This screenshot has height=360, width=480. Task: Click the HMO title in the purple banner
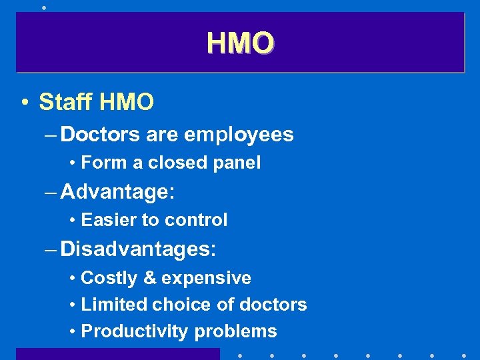click(240, 43)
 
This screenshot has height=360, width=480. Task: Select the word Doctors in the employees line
click(100, 135)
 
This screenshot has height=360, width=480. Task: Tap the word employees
click(239, 135)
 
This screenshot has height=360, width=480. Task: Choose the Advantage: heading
click(117, 193)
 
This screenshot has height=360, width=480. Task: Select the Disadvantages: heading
click(138, 250)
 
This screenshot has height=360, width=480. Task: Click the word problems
click(235, 332)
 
